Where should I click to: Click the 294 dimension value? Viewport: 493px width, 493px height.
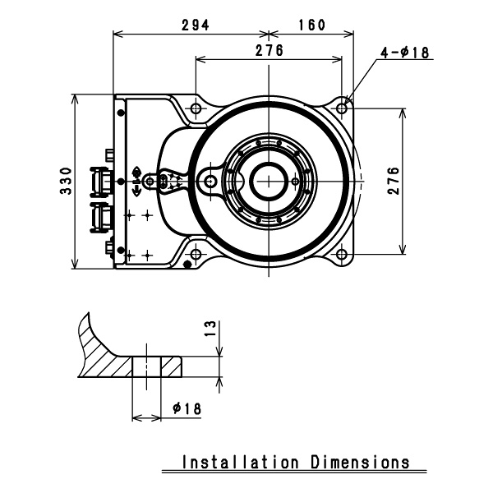pyautogui.click(x=196, y=25)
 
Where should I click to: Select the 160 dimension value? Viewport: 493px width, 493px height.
pyautogui.click(x=312, y=25)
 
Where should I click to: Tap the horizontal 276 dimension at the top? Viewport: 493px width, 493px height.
pyautogui.click(x=269, y=50)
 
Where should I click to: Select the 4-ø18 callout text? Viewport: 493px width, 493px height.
pyautogui.click(x=405, y=53)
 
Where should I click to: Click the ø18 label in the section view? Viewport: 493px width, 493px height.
pyautogui.click(x=187, y=408)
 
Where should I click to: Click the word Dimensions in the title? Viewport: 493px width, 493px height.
pyautogui.click(x=360, y=462)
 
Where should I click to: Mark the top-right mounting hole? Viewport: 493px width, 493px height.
pyautogui.click(x=342, y=107)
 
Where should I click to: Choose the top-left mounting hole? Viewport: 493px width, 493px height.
pyautogui.click(x=196, y=108)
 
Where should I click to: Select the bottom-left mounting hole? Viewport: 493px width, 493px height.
pyautogui.click(x=196, y=253)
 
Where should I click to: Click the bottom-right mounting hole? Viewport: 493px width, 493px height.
pyautogui.click(x=342, y=254)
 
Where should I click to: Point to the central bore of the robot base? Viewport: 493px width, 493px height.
pyautogui.click(x=268, y=180)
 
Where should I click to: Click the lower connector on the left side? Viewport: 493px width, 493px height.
pyautogui.click(x=103, y=215)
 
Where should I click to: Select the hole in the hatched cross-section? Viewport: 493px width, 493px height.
pyautogui.click(x=146, y=366)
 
